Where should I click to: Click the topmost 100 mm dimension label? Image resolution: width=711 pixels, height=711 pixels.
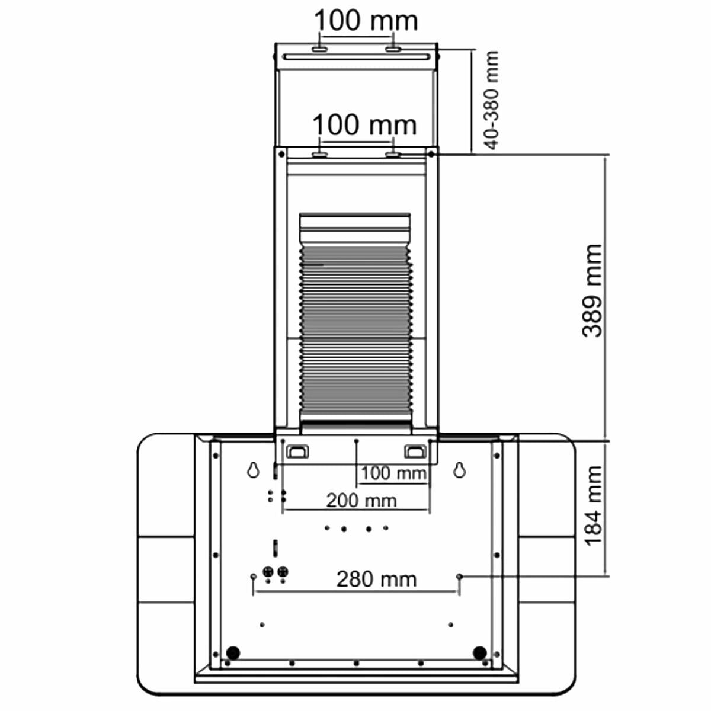(366, 21)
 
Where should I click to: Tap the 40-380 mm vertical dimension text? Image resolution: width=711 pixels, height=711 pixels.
(491, 100)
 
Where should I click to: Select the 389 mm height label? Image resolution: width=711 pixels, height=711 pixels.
(592, 290)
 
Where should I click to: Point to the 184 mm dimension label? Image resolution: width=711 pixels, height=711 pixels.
(592, 506)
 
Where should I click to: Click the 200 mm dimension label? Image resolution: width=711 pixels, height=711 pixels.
(361, 500)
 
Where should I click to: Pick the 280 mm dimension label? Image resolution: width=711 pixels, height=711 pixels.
(376, 578)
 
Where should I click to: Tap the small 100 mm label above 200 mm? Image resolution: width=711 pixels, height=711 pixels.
(393, 473)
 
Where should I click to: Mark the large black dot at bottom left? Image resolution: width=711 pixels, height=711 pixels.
(232, 652)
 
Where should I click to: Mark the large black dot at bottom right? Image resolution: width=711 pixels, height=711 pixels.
(479, 652)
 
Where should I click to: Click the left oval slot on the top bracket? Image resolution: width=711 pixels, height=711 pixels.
(319, 49)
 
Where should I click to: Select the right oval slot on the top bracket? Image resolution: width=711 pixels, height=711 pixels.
(393, 49)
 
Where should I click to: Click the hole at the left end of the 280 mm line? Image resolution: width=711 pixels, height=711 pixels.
(254, 576)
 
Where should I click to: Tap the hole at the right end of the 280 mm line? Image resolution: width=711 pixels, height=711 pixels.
(459, 575)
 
